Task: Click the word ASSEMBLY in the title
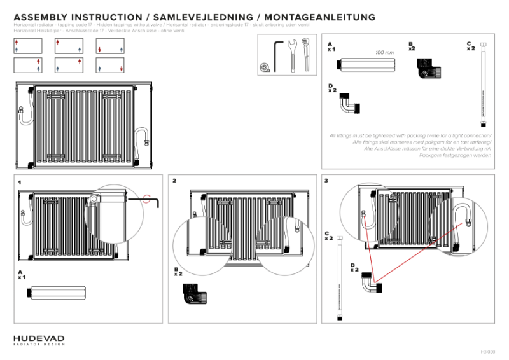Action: [41, 17]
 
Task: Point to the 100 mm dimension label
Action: [384, 52]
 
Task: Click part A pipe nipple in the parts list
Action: [367, 64]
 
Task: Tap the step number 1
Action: [20, 182]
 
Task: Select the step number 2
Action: [174, 181]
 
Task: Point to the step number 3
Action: [326, 181]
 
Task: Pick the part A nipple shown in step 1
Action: [55, 294]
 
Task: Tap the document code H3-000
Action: [486, 351]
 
